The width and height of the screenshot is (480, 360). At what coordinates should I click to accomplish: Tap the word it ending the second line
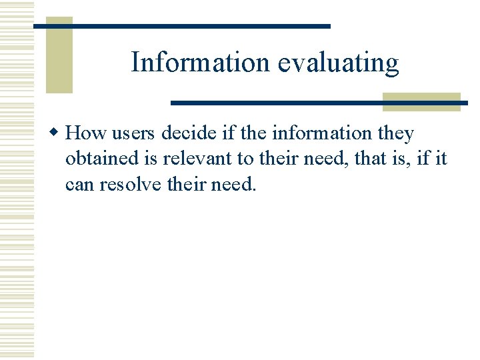click(441, 159)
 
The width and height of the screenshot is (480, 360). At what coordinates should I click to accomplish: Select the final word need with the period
click(233, 184)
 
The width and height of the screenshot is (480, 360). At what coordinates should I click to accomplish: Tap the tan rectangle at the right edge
click(421, 101)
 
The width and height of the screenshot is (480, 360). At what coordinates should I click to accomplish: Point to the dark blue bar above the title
click(181, 26)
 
